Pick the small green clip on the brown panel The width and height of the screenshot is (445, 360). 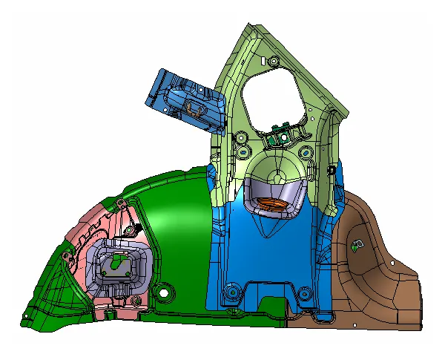click(x=358, y=246)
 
